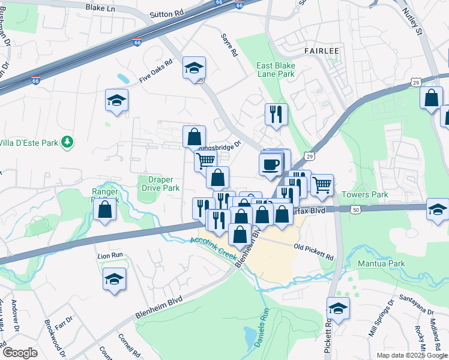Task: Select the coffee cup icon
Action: coord(271,164)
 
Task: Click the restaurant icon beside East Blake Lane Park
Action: coord(276,113)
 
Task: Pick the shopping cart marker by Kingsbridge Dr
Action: coord(205,160)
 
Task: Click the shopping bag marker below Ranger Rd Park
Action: coord(105,210)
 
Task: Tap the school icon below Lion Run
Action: coord(114,279)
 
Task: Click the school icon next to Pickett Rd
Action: coord(339,308)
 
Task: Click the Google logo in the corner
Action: coord(19,352)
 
